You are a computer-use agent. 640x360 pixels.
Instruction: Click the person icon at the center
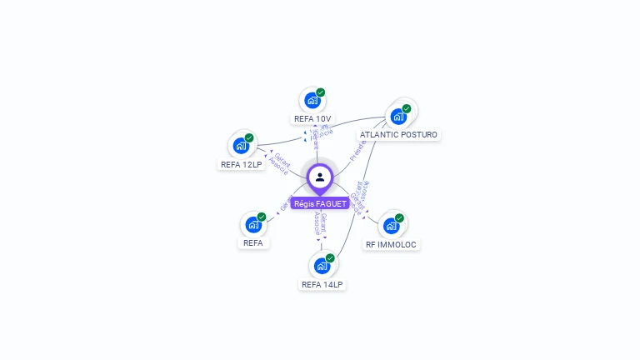[x=320, y=177]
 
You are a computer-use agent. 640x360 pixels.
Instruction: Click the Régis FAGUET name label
[x=320, y=203]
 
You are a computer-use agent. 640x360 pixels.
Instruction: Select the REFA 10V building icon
[x=312, y=101]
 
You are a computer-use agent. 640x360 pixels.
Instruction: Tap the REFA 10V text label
[x=312, y=118]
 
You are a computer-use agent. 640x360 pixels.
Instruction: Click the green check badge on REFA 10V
[x=321, y=92]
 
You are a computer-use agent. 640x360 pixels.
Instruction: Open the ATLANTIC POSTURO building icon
[x=398, y=116]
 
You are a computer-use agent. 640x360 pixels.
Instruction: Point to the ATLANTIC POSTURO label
[x=398, y=134]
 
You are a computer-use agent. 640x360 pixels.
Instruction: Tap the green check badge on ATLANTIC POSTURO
[x=407, y=108]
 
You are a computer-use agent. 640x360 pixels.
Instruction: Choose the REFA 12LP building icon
[x=241, y=146]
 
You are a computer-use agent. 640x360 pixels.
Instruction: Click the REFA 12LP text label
[x=241, y=164]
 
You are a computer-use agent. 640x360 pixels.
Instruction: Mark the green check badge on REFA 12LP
[x=249, y=138]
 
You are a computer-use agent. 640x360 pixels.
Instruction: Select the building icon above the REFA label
[x=253, y=225]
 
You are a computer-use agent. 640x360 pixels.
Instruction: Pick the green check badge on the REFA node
[x=262, y=217]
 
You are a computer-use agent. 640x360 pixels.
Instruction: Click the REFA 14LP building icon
[x=322, y=267]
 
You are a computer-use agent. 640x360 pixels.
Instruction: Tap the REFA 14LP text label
[x=322, y=284]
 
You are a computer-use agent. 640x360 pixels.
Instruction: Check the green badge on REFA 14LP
[x=330, y=258]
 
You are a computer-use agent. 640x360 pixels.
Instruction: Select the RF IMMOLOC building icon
[x=391, y=226]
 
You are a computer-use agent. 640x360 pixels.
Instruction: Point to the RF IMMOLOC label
[x=391, y=244]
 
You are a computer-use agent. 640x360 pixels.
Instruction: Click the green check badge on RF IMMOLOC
[x=399, y=218]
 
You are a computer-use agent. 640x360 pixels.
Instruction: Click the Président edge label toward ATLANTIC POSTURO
[x=358, y=148]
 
